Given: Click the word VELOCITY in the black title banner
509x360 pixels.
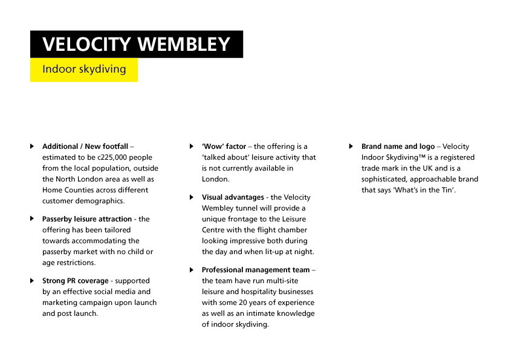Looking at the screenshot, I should click(86, 44).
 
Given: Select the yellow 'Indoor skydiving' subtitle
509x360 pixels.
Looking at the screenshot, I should click(84, 69).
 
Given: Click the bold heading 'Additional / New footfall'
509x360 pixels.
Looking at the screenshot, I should click(85, 146).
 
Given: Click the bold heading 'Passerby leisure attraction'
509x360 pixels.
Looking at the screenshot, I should click(87, 219).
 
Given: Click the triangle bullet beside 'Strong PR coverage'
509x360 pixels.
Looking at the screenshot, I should click(32, 281).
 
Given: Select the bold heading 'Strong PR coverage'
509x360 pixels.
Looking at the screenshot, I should click(76, 281).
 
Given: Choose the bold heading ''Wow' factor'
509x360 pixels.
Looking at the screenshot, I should click(224, 146).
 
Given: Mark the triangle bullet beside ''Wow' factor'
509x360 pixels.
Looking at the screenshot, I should click(192, 146).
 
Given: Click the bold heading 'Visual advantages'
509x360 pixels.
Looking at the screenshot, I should click(233, 197).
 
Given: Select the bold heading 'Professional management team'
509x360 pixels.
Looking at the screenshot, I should click(256, 270).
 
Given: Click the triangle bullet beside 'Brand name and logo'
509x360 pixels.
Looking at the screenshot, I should click(351, 146).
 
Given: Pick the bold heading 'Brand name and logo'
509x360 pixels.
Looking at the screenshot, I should click(398, 146).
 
